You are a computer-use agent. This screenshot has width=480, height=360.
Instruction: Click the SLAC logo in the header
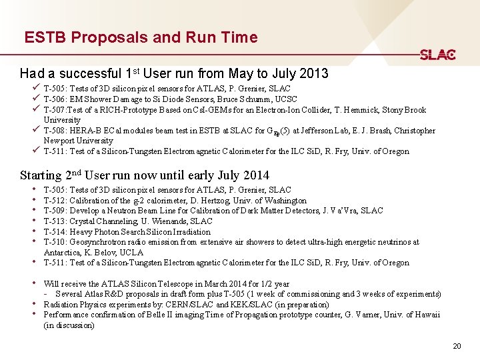[x=437, y=55]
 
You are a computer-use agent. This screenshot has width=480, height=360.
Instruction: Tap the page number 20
[x=457, y=346]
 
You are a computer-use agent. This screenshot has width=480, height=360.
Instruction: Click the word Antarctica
[x=64, y=253]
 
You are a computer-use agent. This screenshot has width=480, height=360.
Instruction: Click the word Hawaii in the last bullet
[x=425, y=315]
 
